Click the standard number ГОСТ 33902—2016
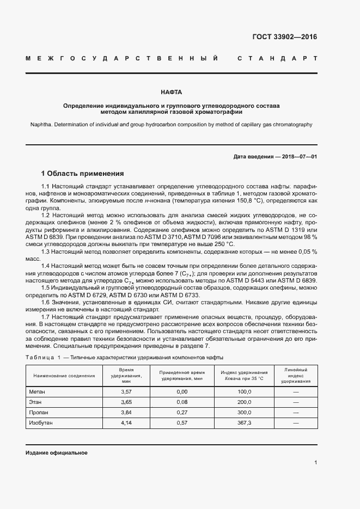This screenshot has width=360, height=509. tap(284, 37)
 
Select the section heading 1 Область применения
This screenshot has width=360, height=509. tap(82, 174)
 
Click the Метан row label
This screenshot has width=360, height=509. tap(37, 392)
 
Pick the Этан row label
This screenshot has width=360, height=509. tap(35, 402)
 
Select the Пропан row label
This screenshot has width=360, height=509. tap(38, 413)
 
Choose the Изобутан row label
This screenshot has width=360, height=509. tap(41, 423)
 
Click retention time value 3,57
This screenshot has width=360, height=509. tap(126, 392)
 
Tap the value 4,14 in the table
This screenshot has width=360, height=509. tap(126, 423)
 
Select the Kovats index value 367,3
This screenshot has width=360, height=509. tap(245, 423)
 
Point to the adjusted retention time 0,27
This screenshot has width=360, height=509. tap(182, 413)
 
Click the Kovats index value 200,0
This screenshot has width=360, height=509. tap(245, 402)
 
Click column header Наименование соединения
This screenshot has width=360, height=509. tap(61, 376)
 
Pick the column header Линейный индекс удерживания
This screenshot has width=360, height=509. tap(296, 376)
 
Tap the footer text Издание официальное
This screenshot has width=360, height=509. tap(57, 453)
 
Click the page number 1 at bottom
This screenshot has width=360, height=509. tap(316, 463)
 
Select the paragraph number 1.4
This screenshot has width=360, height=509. tap(46, 265)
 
